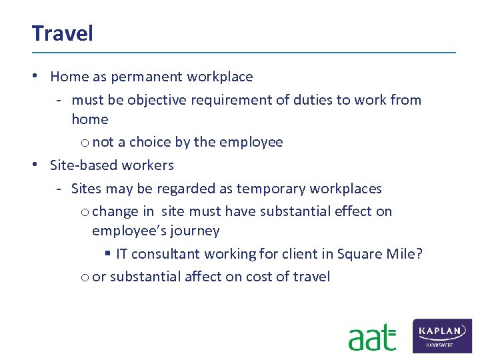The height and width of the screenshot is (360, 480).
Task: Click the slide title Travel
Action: coord(62,33)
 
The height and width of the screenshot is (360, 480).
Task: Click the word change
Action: coord(115,211)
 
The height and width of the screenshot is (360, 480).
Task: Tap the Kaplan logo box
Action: coord(443,335)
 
